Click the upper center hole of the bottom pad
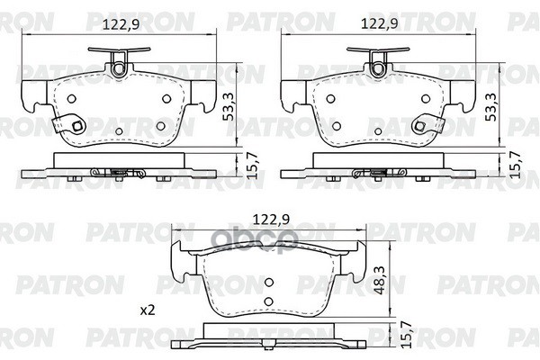(268, 283)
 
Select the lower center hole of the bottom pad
(268, 301)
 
